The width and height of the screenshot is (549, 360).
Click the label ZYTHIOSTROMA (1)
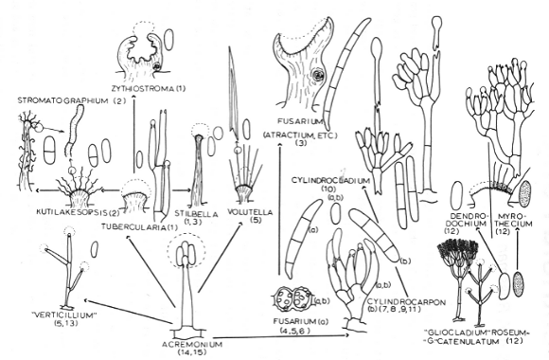[x=150, y=89]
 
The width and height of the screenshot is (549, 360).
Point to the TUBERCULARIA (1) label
[x=139, y=226]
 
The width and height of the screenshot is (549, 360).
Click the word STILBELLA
[x=197, y=213]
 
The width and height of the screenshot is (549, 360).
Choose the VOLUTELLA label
[x=250, y=212]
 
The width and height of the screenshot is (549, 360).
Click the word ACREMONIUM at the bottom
[x=192, y=344]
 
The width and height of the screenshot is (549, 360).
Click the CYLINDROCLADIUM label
[x=330, y=181]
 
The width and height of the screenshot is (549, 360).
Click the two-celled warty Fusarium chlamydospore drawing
[x=292, y=299]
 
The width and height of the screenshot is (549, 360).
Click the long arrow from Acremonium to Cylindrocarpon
[x=274, y=336]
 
